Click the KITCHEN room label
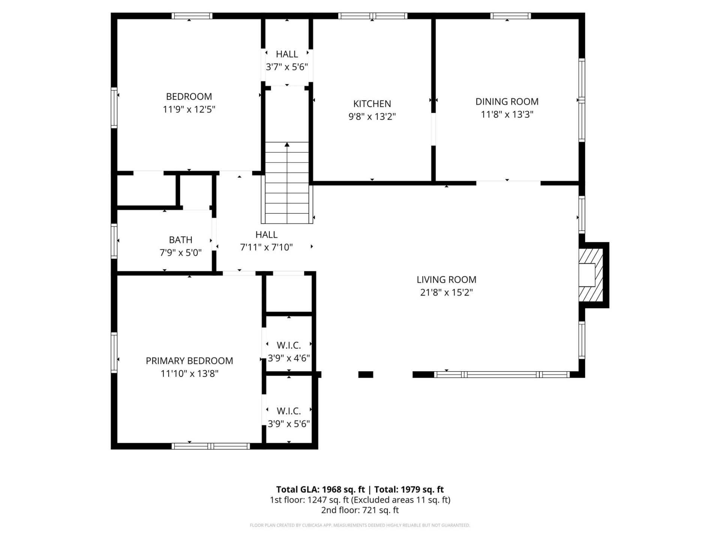point(372,103)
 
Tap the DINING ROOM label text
point(507,102)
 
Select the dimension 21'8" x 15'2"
point(446,292)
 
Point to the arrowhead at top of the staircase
point(287,144)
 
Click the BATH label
point(180,240)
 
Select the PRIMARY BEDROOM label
point(189,361)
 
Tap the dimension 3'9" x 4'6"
point(288,358)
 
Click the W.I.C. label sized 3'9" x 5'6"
point(288,411)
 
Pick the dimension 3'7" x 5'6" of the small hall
point(287,67)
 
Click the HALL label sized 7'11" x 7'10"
point(266,235)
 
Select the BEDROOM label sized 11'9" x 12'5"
point(189,96)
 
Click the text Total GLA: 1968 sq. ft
point(320,489)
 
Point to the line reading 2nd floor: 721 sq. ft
point(360,510)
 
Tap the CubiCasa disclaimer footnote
point(360,525)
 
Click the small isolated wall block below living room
point(366,374)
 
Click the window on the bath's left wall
point(114,241)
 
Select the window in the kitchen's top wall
point(372,16)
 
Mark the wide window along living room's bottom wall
point(502,374)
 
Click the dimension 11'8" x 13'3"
point(507,114)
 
